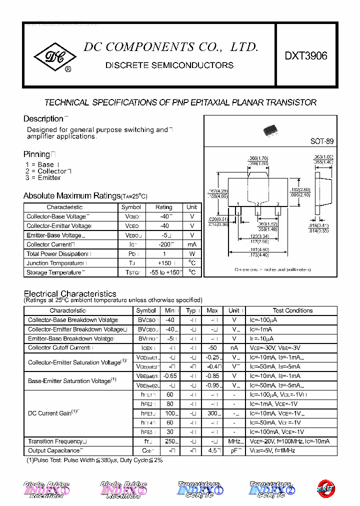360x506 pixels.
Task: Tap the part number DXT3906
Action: (x=306, y=56)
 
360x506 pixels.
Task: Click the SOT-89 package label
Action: (x=321, y=141)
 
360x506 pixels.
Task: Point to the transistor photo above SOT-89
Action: (x=272, y=130)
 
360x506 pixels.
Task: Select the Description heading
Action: (x=43, y=119)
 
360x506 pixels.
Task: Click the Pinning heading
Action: (x=36, y=154)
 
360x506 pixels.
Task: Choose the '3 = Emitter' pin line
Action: (x=43, y=178)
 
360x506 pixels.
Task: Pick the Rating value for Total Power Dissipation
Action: (x=163, y=254)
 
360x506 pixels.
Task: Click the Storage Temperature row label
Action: (x=53, y=272)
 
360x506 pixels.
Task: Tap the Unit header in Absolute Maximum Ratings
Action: (x=191, y=207)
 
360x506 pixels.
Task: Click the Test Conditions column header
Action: (x=292, y=310)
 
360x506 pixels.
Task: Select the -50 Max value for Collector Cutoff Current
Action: (x=212, y=348)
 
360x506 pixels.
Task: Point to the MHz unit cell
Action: (x=233, y=441)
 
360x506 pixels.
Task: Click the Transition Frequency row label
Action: (x=55, y=441)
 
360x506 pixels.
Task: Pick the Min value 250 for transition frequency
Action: (x=170, y=441)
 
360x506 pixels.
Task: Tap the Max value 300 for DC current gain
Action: (x=212, y=413)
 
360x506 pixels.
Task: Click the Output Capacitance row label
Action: (x=54, y=450)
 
